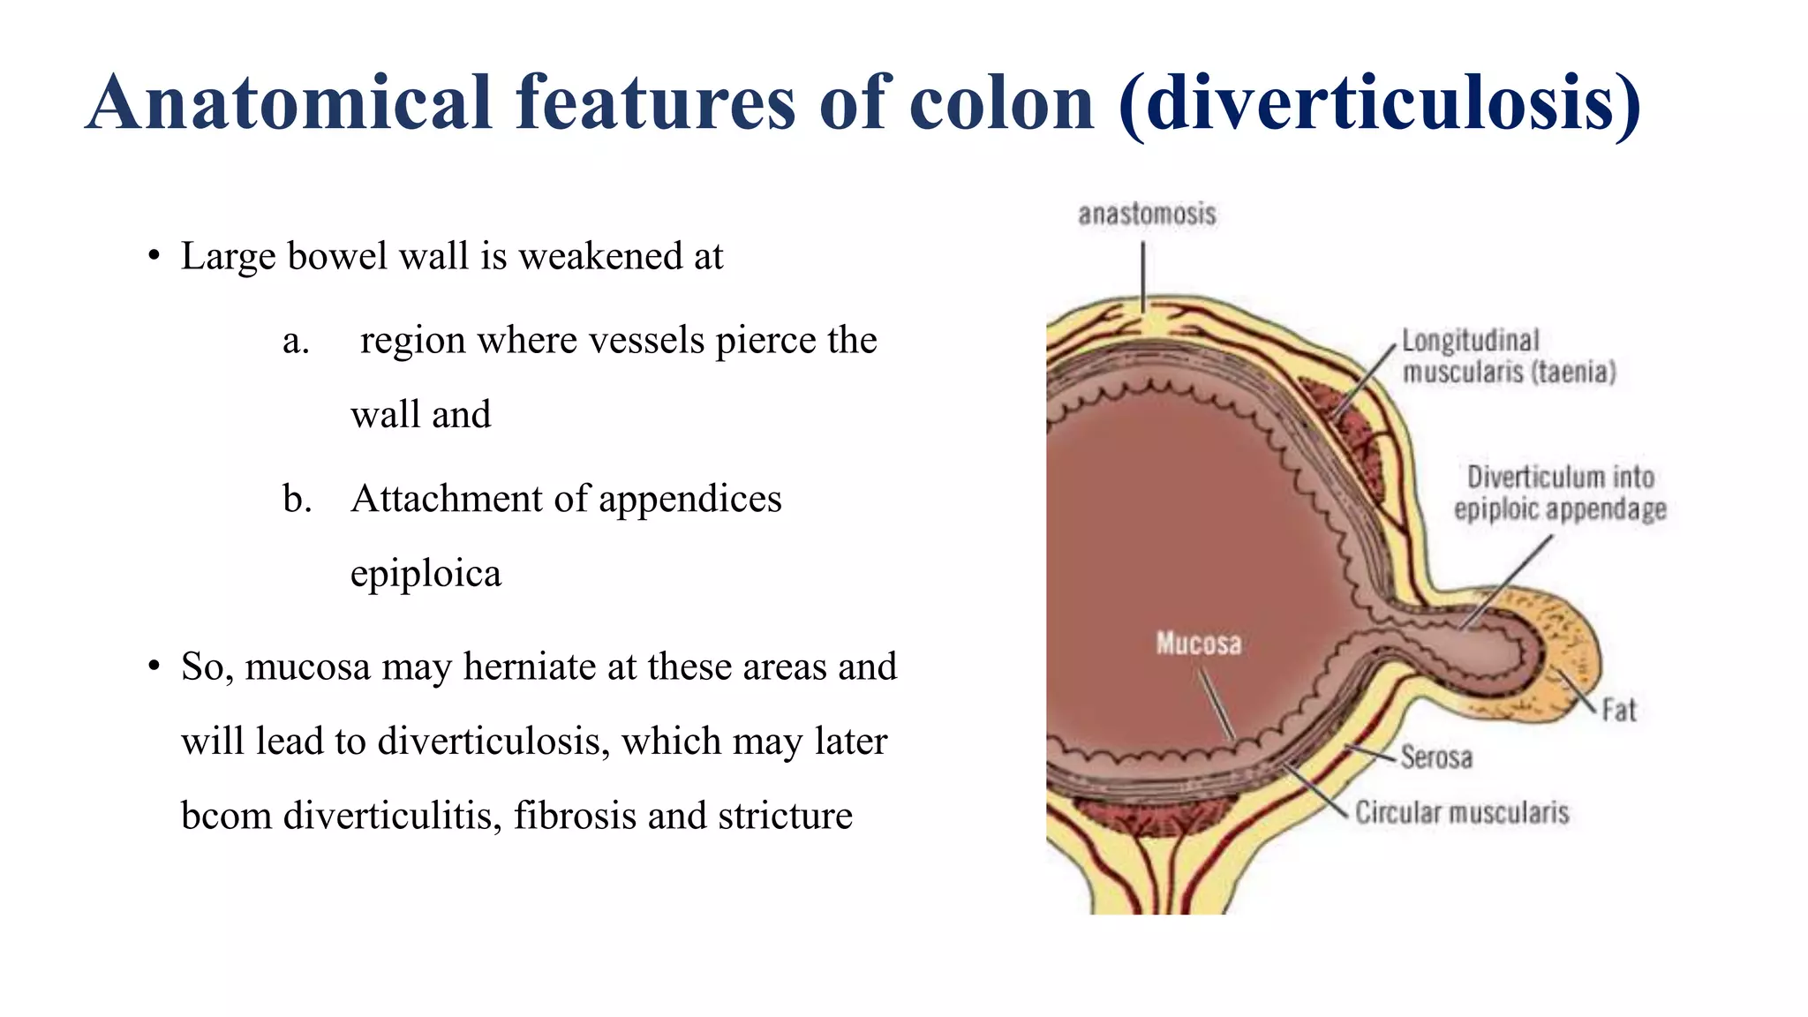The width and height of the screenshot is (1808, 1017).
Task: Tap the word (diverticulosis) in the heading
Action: pyautogui.click(x=1379, y=104)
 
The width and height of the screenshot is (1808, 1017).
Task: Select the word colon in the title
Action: pyautogui.click(x=1002, y=104)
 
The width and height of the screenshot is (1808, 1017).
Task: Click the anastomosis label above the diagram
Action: pyautogui.click(x=1147, y=215)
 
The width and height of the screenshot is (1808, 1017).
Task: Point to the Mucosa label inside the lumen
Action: pyautogui.click(x=1198, y=644)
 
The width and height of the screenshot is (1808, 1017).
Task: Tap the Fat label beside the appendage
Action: pyautogui.click(x=1619, y=711)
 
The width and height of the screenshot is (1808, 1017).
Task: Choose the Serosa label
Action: pyautogui.click(x=1436, y=757)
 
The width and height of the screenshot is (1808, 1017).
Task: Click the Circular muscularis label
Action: pyautogui.click(x=1462, y=813)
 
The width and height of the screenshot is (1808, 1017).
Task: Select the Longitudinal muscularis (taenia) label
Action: pyautogui.click(x=1509, y=357)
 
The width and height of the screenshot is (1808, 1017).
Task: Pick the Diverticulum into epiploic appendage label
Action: pyautogui.click(x=1560, y=493)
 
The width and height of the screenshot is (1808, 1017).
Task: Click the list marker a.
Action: pyautogui.click(x=296, y=341)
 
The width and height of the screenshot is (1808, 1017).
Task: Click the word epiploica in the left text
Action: pyautogui.click(x=426, y=575)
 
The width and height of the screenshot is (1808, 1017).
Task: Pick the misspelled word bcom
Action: pyautogui.click(x=226, y=816)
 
